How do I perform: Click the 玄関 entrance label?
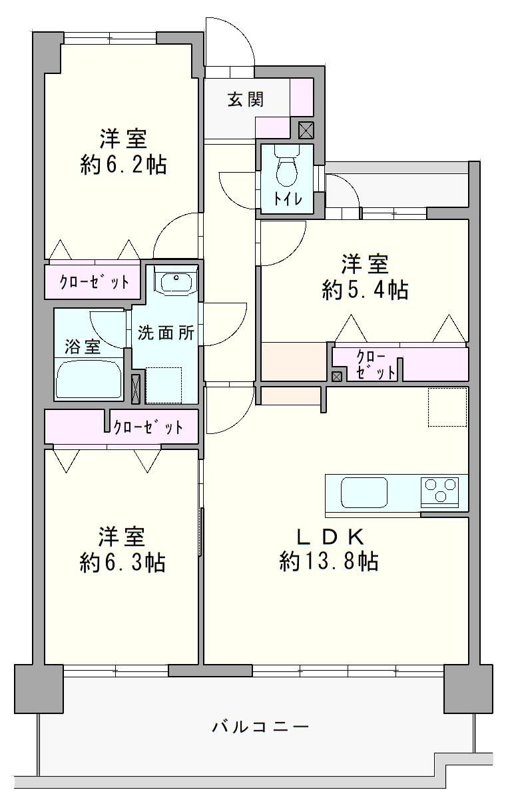point(246,99)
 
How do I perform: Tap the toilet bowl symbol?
point(286,166)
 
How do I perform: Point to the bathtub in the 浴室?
point(89,379)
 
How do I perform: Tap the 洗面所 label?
point(166,333)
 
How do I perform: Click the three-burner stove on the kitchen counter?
point(439,489)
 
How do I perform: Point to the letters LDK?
point(330,538)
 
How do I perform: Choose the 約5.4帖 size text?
point(365,289)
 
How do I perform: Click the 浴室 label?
point(83,347)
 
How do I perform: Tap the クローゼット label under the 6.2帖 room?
point(94,282)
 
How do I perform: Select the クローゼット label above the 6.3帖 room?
point(148,427)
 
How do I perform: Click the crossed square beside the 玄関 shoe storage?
point(306,130)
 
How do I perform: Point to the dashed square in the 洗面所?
point(164,385)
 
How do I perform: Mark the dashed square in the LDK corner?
point(447,407)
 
